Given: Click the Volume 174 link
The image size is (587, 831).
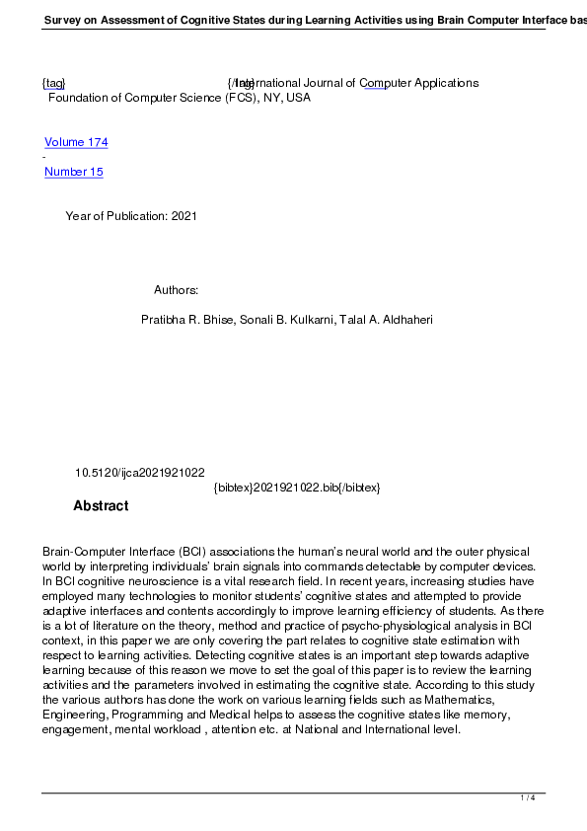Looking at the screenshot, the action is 76,142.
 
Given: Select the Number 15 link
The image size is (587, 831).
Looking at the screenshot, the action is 74,172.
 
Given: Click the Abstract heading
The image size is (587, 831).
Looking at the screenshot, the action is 101,506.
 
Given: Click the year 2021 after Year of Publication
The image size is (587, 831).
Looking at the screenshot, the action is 184,216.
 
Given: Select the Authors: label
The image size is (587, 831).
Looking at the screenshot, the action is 177,290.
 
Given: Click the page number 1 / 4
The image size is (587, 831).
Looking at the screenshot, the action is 528,797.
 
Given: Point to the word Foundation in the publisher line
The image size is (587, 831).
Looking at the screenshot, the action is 79,98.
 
